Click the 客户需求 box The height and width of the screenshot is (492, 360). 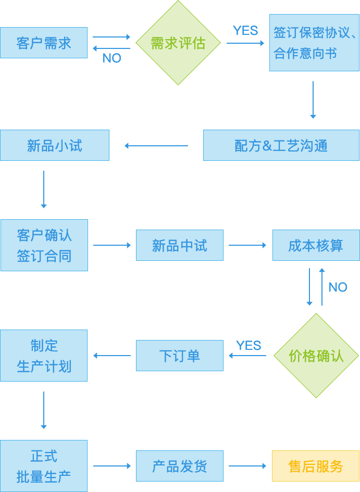pyautogui.click(x=44, y=43)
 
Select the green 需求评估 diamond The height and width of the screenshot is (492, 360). pyautogui.click(x=178, y=43)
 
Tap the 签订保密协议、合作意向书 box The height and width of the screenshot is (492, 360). pyautogui.click(x=314, y=43)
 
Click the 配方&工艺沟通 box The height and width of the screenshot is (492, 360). pyautogui.click(x=281, y=145)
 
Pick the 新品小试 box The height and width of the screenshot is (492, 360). pyautogui.click(x=55, y=145)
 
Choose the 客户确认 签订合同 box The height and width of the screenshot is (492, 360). pyautogui.click(x=44, y=245)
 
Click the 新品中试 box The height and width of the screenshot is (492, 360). pyautogui.click(x=180, y=245)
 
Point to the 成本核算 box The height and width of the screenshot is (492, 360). pyautogui.click(x=316, y=245)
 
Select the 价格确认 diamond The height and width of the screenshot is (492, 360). pyautogui.click(x=316, y=356)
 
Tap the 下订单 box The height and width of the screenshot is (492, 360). pyautogui.click(x=180, y=356)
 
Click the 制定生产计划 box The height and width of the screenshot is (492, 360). pyautogui.click(x=44, y=356)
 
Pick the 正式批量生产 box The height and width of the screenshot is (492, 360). pyautogui.click(x=44, y=466)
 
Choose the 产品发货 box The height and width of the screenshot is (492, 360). pyautogui.click(x=180, y=466)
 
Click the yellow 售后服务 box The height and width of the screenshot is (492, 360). pyautogui.click(x=316, y=466)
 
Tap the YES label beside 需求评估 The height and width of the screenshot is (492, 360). pyautogui.click(x=245, y=31)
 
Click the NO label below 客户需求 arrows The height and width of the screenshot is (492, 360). pyautogui.click(x=111, y=58)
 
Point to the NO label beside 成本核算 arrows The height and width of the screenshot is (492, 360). pyautogui.click(x=338, y=287)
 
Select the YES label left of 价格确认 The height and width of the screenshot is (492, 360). pyautogui.click(x=249, y=345)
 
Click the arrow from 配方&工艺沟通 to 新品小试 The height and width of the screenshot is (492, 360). pyautogui.click(x=156, y=146)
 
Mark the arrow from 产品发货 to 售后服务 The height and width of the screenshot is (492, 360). pyautogui.click(x=247, y=466)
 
